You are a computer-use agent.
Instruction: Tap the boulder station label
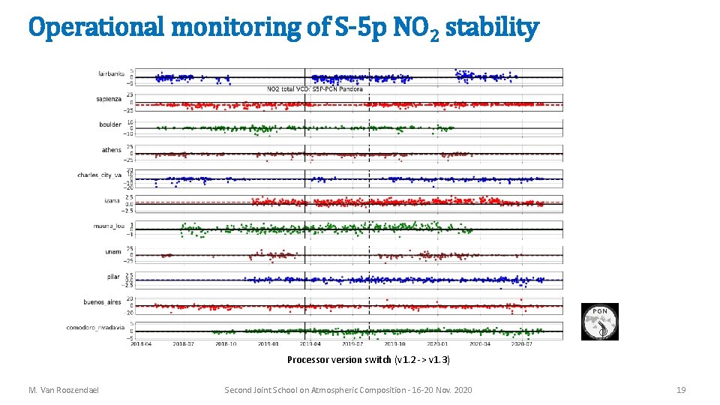pyautogui.click(x=110, y=124)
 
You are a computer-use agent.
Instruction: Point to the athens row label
pyautogui.click(x=112, y=150)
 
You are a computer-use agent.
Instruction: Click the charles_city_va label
pyautogui.click(x=99, y=175)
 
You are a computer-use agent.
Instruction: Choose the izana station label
pyautogui.click(x=113, y=200)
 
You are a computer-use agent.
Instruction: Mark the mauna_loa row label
pyautogui.click(x=108, y=226)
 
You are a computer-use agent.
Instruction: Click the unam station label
pyautogui.click(x=113, y=251)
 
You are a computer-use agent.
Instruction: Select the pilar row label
pyautogui.click(x=113, y=277)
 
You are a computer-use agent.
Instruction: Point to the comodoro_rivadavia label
pyautogui.click(x=96, y=328)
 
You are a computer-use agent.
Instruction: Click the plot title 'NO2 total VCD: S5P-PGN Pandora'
pyautogui.click(x=314, y=89)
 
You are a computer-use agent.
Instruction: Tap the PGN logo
pyautogui.click(x=600, y=322)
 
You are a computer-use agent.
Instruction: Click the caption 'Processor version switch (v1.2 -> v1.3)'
pyautogui.click(x=368, y=360)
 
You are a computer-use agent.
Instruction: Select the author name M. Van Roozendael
pyautogui.click(x=64, y=390)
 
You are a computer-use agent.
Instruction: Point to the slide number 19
pyautogui.click(x=680, y=390)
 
